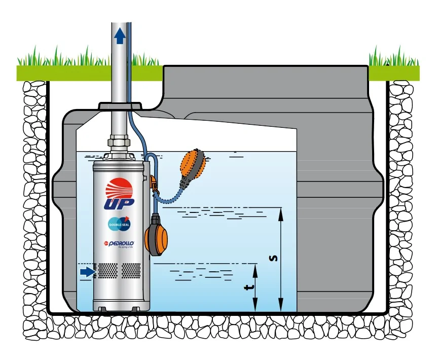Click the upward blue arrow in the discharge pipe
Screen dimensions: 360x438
(119, 36)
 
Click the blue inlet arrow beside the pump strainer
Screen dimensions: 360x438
(88, 272)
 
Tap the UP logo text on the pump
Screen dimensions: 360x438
(120, 204)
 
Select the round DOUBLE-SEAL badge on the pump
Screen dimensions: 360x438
(119, 223)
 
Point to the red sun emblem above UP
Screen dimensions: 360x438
(120, 189)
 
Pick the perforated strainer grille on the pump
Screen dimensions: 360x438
(120, 271)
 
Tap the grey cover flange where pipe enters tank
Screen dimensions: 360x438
(120, 105)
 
